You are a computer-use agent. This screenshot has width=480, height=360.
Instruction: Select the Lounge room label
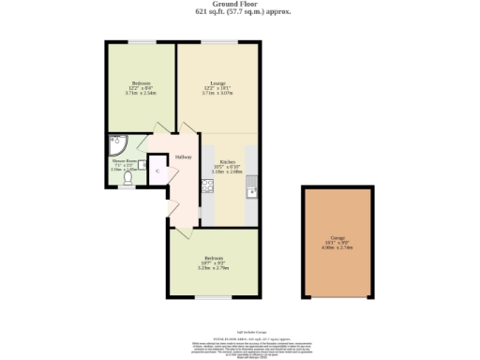click(x=217, y=83)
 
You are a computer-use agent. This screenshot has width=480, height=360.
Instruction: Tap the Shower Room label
click(x=125, y=160)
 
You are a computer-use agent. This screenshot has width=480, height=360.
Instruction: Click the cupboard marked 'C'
click(x=157, y=170)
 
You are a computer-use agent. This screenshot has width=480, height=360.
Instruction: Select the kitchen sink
click(x=249, y=191)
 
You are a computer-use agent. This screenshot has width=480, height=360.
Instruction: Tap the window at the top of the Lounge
click(x=221, y=43)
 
